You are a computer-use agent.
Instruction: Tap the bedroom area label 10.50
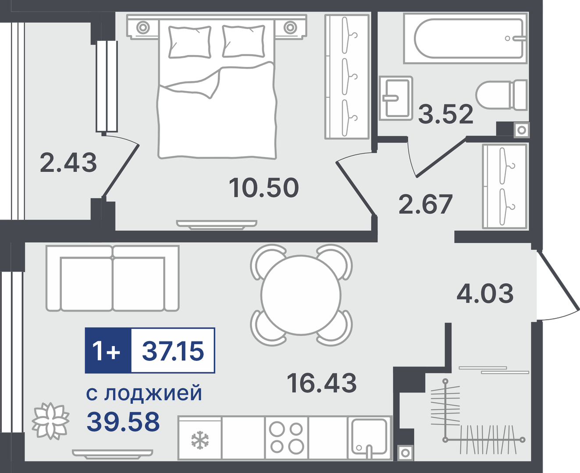pyautogui.click(x=264, y=188)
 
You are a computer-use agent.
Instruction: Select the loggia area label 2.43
pyautogui.click(x=68, y=163)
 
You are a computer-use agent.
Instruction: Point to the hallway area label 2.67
pyautogui.click(x=425, y=204)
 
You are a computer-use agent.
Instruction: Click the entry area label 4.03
pyautogui.click(x=485, y=293)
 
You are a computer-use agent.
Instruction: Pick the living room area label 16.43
pyautogui.click(x=321, y=383)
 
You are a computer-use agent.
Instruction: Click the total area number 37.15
pyautogui.click(x=173, y=351)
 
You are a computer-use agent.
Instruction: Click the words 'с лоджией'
pyautogui.click(x=144, y=394)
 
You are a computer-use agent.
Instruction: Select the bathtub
pyautogui.click(x=465, y=38)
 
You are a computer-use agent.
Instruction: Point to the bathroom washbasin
pyautogui.click(x=396, y=99)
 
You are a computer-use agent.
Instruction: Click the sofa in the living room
pyautogui.click(x=113, y=278)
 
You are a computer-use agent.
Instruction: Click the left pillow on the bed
pyautogui.click(x=190, y=42)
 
